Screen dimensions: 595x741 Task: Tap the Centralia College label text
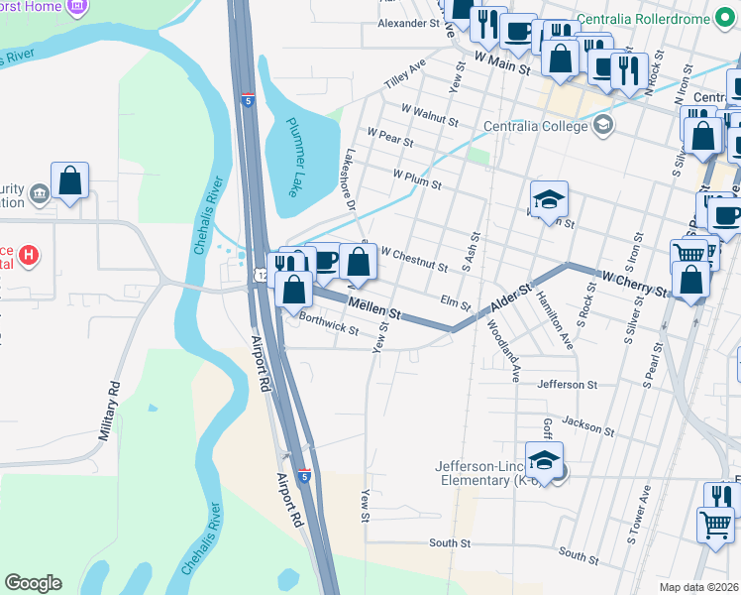pyautogui.click(x=536, y=126)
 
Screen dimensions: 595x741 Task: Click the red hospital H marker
pyautogui.click(x=30, y=256)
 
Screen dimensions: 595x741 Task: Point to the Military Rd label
pyautogui.click(x=109, y=411)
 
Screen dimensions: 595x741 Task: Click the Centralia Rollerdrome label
pyautogui.click(x=673, y=19)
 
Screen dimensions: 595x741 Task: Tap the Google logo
pyautogui.click(x=33, y=582)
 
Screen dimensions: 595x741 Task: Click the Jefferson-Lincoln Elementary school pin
pyautogui.click(x=544, y=461)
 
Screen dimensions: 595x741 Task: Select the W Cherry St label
pyautogui.click(x=635, y=282)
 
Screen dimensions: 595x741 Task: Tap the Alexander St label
pyautogui.click(x=408, y=22)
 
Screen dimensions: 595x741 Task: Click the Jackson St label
pyautogui.click(x=587, y=426)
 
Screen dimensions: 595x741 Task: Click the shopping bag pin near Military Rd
pyautogui.click(x=69, y=181)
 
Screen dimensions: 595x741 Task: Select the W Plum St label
pyautogui.click(x=416, y=179)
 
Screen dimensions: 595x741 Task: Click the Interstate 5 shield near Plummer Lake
pyautogui.click(x=248, y=100)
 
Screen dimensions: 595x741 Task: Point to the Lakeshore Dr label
pyautogui.click(x=349, y=179)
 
